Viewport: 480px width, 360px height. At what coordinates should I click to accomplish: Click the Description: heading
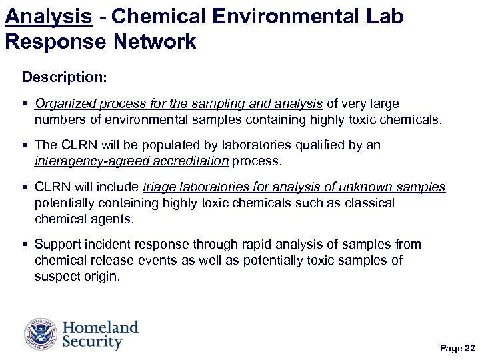pyautogui.click(x=65, y=77)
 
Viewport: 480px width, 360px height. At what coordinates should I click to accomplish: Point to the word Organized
pyautogui.click(x=65, y=104)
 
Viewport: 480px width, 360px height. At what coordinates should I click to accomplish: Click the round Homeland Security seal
pyautogui.click(x=41, y=334)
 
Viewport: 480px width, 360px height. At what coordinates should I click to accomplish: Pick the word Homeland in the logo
pyautogui.click(x=100, y=327)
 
